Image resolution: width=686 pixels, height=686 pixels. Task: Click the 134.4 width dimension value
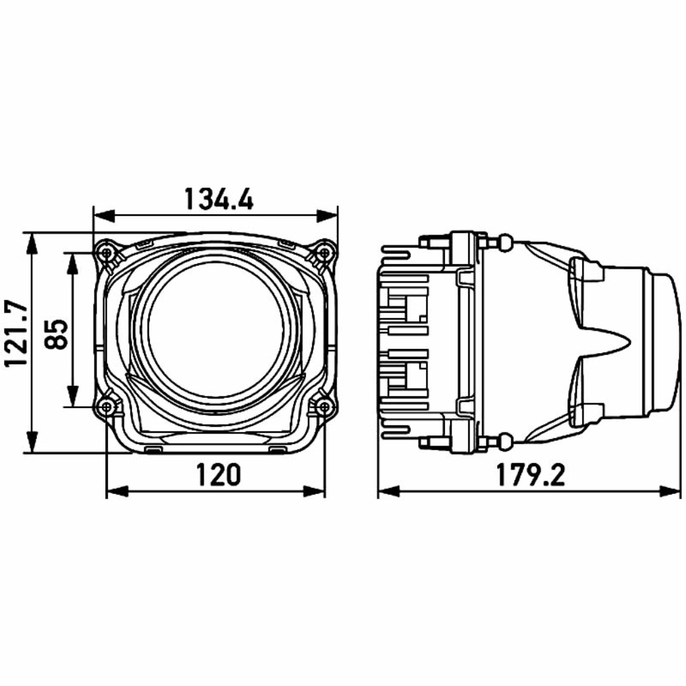coord(219,200)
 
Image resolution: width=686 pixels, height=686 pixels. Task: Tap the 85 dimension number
coord(57,334)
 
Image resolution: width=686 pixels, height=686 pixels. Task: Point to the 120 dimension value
coord(218,475)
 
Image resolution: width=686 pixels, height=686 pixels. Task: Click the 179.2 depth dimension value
coord(531,476)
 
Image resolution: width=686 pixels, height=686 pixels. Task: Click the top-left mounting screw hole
coord(107,253)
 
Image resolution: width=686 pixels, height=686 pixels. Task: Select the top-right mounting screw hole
coord(324,253)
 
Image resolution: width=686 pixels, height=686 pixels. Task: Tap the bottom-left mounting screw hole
coord(107,407)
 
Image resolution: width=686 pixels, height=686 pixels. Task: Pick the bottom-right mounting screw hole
coord(324,407)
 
